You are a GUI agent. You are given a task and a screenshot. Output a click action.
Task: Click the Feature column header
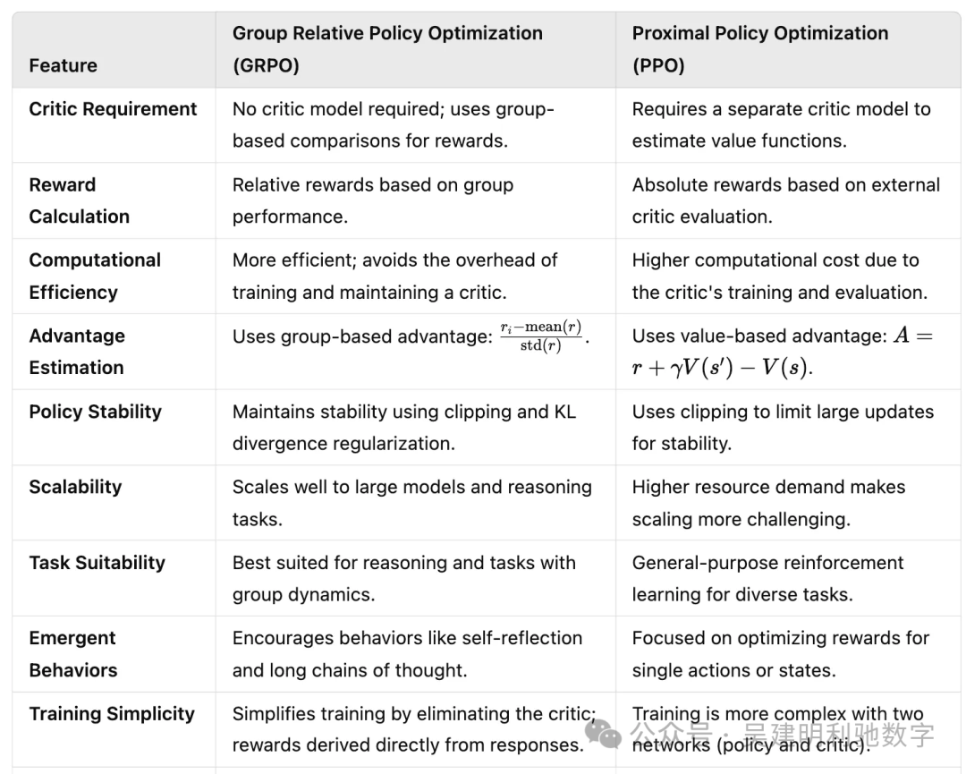[x=63, y=65]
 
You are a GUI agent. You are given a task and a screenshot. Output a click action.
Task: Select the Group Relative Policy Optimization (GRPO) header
[x=387, y=49]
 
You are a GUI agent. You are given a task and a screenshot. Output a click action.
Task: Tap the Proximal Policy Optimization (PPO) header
[x=759, y=49]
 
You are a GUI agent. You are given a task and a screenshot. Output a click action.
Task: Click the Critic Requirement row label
[x=113, y=109]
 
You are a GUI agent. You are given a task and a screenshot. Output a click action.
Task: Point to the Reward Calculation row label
[x=79, y=200]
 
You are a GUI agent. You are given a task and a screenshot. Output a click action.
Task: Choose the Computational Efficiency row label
[x=95, y=276]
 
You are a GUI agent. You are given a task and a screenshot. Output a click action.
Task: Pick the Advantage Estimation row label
[x=77, y=351]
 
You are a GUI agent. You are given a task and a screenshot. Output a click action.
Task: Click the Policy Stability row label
[x=95, y=412]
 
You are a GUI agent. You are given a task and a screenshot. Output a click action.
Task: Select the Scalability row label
[x=75, y=487]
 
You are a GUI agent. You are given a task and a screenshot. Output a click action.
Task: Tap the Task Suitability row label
[x=97, y=563]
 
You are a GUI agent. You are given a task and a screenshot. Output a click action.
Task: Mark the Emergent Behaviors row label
[x=72, y=653]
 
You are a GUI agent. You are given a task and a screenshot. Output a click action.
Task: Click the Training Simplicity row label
[x=112, y=714]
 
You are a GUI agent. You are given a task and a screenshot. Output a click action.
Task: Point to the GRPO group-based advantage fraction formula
[x=542, y=336]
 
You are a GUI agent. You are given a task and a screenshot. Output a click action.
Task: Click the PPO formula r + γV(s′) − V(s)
[x=724, y=367]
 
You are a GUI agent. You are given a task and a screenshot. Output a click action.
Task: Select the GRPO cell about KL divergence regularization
[x=403, y=427]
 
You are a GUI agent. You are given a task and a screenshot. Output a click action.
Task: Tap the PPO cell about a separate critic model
[x=781, y=124]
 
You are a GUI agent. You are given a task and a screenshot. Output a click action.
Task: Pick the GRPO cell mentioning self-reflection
[x=407, y=653]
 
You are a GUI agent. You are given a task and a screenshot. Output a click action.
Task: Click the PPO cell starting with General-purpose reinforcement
[x=767, y=578]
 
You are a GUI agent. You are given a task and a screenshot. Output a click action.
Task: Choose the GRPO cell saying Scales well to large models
[x=411, y=502]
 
